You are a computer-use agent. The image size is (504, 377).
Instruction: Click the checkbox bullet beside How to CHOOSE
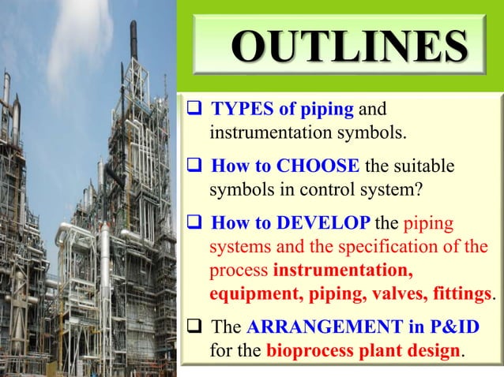pos(190,167)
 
